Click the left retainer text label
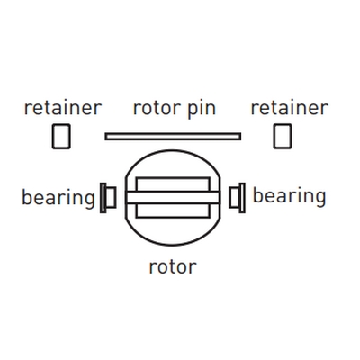[63, 108]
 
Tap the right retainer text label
[290, 108]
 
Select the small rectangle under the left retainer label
[61, 137]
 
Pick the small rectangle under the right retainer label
[283, 137]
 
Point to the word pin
[202, 109]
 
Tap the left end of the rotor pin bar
[105, 137]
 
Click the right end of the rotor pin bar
[240, 137]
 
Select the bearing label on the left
[58, 199]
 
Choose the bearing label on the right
[290, 196]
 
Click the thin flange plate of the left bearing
[103, 198]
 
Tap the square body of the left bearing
[112, 197]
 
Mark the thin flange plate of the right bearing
[242, 198]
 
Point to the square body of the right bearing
[234, 197]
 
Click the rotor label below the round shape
[173, 267]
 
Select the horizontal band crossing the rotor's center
[173, 198]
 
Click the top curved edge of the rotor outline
[173, 150]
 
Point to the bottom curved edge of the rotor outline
[173, 245]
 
